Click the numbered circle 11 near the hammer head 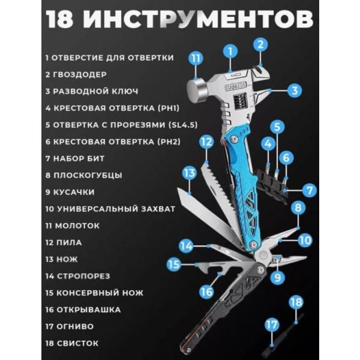(196, 58)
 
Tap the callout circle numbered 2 (259, 44)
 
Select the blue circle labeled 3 (293, 91)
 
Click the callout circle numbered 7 (308, 191)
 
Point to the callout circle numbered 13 (189, 173)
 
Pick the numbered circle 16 (206, 292)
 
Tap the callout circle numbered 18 (295, 302)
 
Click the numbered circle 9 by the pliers (277, 277)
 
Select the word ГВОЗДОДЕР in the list (80, 74)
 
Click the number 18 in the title (61, 19)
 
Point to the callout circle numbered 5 (277, 127)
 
